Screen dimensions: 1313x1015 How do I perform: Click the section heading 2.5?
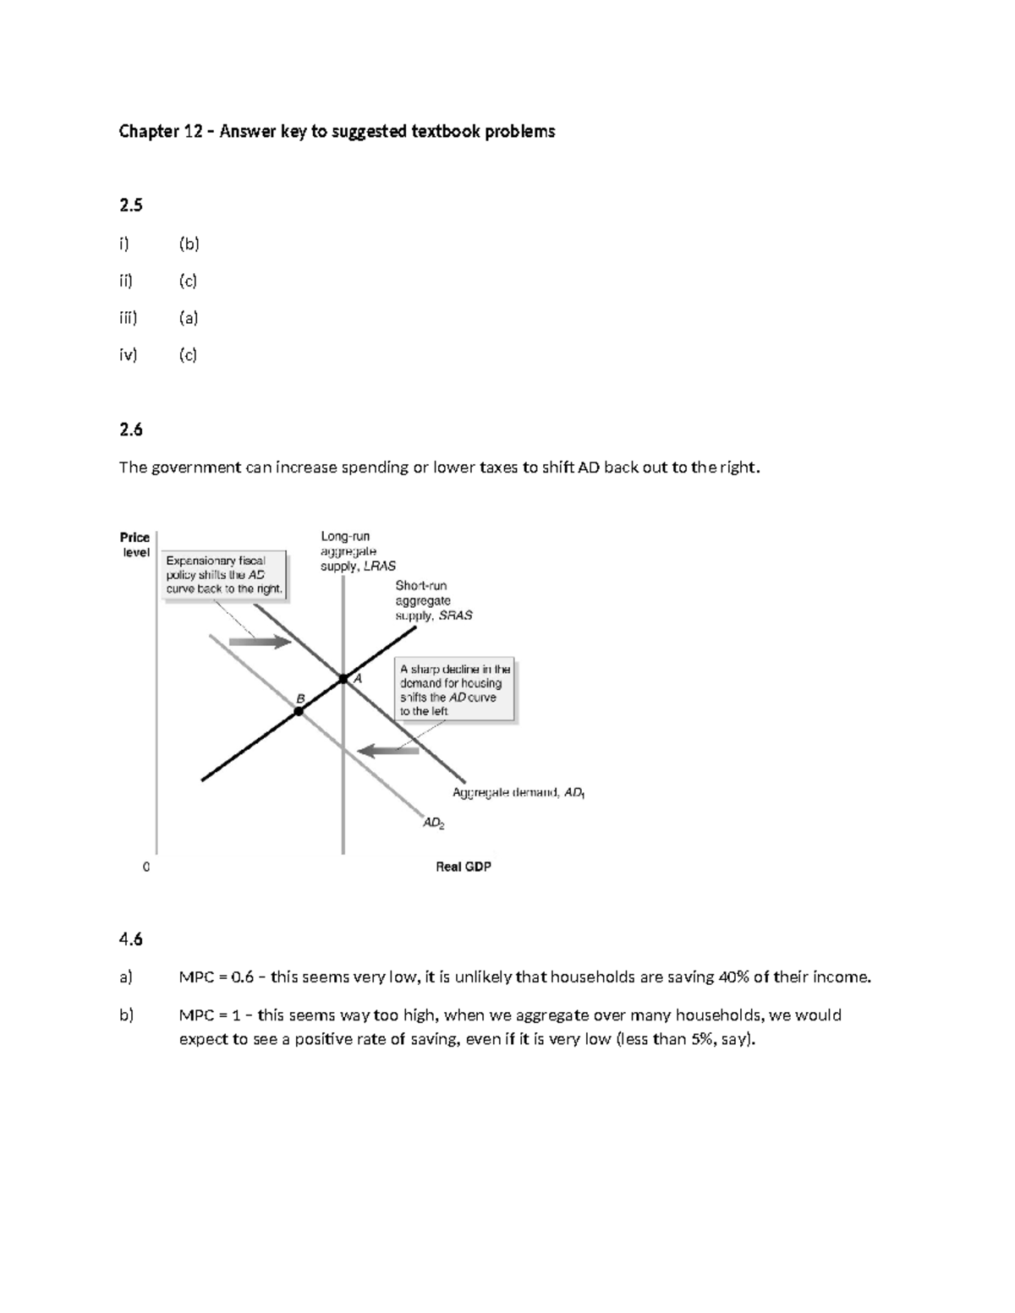(131, 205)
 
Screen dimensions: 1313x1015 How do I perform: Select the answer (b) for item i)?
(189, 244)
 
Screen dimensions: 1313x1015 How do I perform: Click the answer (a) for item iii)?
(189, 318)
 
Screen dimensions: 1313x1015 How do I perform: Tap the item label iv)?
(128, 355)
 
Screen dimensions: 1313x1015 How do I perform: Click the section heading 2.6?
(131, 429)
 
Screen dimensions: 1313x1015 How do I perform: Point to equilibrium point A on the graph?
(343, 679)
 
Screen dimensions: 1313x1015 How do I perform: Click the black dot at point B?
(299, 712)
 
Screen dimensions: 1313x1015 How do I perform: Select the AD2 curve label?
(433, 822)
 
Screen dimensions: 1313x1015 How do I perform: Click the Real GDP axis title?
(463, 867)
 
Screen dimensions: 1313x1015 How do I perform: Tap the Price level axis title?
(135, 544)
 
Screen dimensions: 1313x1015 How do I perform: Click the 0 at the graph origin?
(146, 867)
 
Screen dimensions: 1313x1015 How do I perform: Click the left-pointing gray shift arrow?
(387, 750)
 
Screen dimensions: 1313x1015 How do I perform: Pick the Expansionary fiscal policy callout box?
(224, 575)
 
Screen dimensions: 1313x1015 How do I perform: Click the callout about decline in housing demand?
(455, 690)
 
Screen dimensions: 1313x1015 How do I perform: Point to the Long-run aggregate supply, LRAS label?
(357, 551)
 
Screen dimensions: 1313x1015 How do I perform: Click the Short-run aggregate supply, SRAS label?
(433, 600)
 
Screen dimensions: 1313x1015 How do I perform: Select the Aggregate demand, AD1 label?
(518, 793)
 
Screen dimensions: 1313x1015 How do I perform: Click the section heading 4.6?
(131, 939)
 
